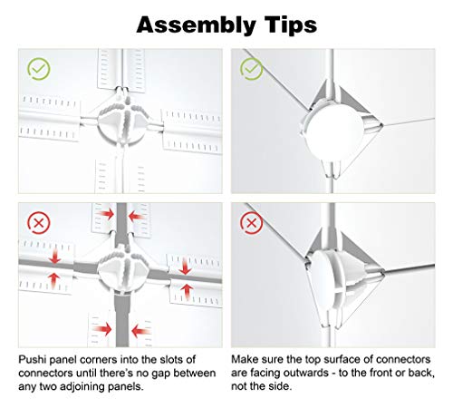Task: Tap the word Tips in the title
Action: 291,25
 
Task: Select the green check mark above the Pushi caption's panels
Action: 39,69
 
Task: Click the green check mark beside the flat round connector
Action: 251,69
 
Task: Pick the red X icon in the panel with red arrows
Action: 39,223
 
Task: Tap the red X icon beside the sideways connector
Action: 251,223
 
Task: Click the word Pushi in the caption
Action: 33,360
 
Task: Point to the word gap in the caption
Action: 161,374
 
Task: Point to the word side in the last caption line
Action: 282,386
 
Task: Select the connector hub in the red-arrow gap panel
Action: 123,270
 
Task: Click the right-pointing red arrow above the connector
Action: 105,214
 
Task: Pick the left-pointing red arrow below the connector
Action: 140,330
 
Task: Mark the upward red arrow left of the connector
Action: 54,280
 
